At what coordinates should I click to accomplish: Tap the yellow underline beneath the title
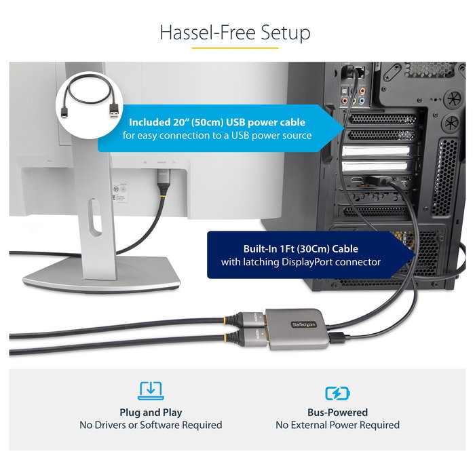click(x=236, y=48)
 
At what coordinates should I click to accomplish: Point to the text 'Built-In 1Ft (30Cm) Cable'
click(x=301, y=248)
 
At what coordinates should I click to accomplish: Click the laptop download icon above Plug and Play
click(x=151, y=391)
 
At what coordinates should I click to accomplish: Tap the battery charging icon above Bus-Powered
click(x=337, y=392)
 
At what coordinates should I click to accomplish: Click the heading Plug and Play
click(x=151, y=412)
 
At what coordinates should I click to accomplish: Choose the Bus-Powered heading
click(x=337, y=412)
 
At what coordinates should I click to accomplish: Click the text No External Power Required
click(x=337, y=425)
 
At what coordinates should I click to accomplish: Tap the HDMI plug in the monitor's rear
click(x=162, y=177)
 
